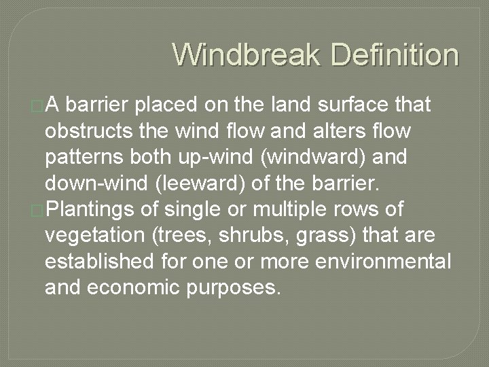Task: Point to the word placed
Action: coord(166,105)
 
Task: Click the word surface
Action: coord(354,105)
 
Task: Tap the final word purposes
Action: coord(232,288)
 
